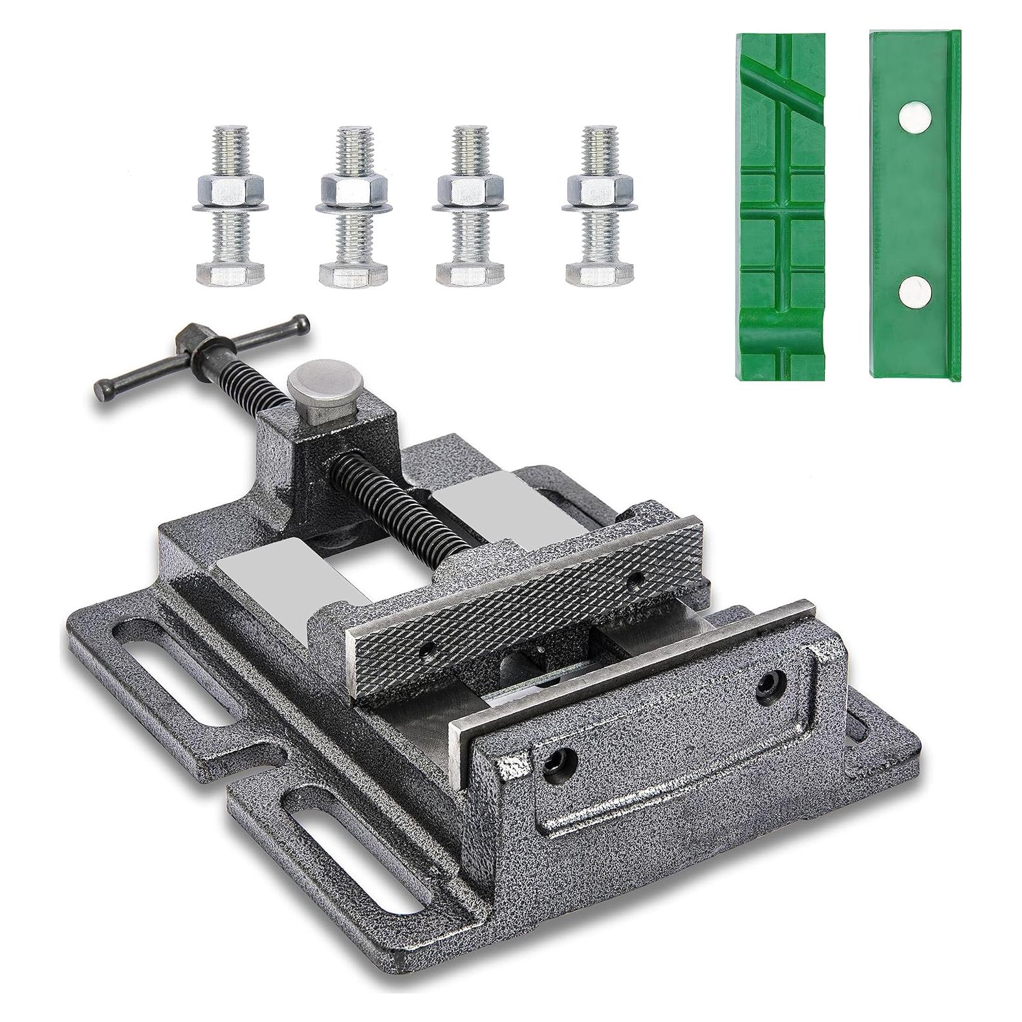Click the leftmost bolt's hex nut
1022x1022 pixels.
coord(230,189)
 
